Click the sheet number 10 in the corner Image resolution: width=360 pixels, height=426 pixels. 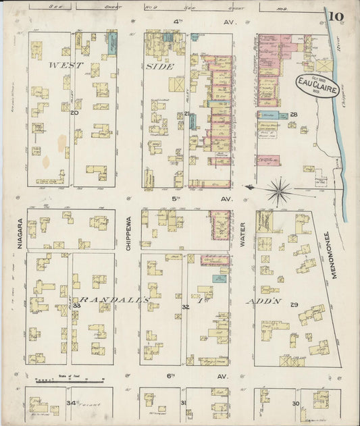[x=336, y=16]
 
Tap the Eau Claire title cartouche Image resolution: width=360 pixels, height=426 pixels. [x=315, y=85]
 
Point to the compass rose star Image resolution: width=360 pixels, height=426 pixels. [x=278, y=191]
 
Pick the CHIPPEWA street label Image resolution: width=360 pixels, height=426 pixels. [x=128, y=234]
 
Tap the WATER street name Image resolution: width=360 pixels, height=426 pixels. [x=242, y=234]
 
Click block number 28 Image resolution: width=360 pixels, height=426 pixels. [x=294, y=115]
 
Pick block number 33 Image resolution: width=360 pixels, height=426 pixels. [x=77, y=306]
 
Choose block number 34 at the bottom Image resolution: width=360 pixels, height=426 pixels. [x=70, y=403]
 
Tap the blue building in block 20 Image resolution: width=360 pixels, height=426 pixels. [x=111, y=45]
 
